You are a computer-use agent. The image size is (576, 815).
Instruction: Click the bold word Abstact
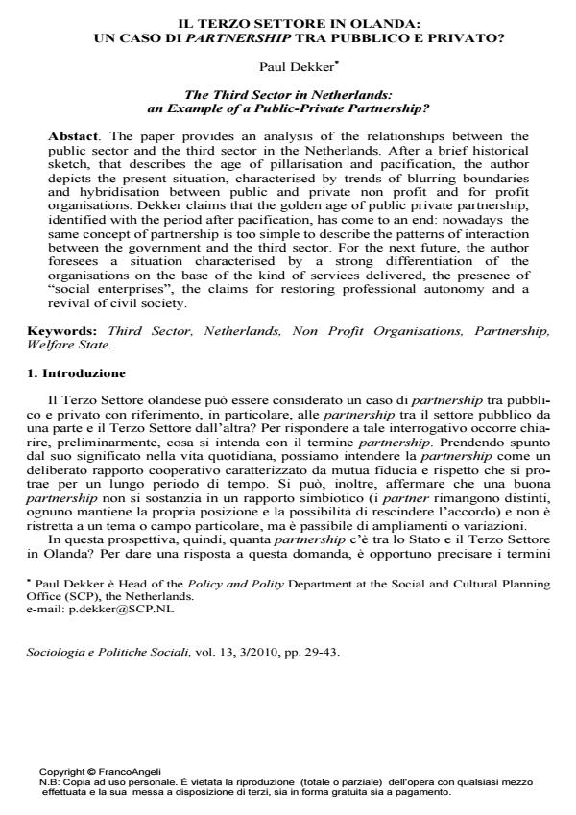tap(72, 136)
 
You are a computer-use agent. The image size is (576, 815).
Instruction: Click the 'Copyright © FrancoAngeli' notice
tap(100, 771)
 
